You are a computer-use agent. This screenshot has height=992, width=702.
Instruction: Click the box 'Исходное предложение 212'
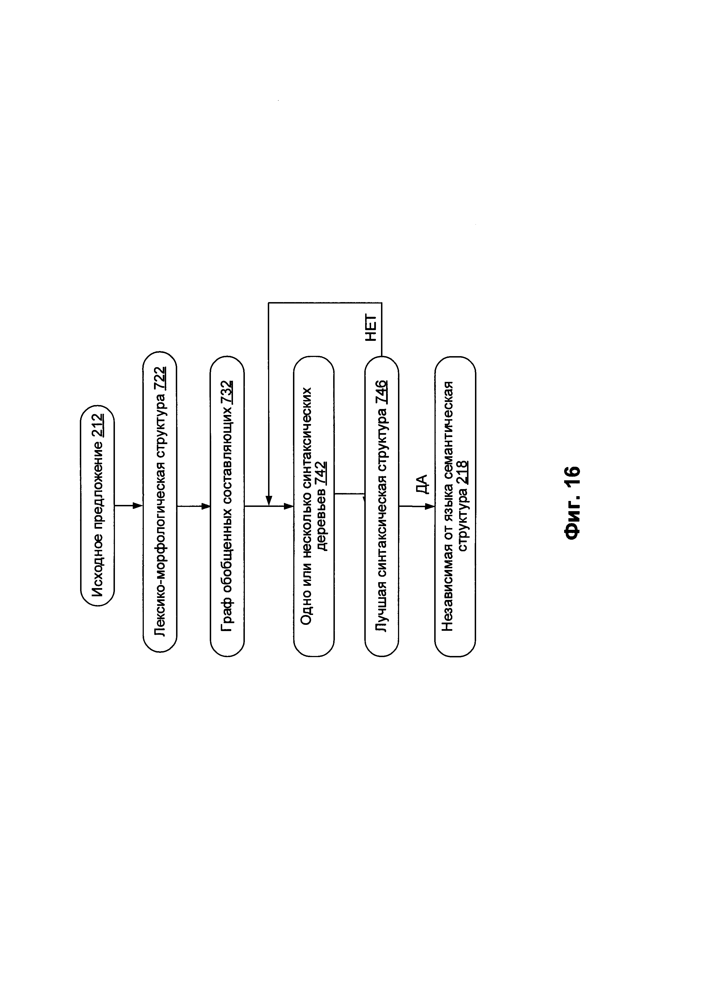[97, 505]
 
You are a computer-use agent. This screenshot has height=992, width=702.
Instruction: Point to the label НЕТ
[371, 329]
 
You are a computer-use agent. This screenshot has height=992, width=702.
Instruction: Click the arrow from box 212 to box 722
[129, 505]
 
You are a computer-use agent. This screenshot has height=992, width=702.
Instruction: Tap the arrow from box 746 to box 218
[416, 506]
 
